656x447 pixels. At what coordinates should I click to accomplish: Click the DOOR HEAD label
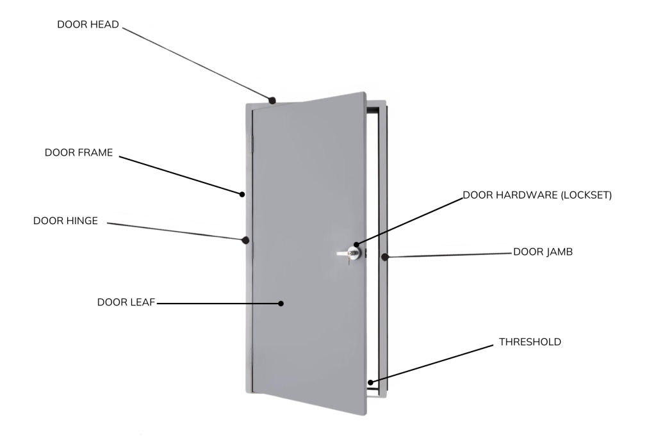click(x=88, y=25)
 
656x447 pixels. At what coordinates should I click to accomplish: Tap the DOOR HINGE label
click(x=65, y=221)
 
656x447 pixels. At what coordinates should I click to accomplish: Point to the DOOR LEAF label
click(x=126, y=302)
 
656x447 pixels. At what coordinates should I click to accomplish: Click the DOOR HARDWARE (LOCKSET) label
click(x=537, y=195)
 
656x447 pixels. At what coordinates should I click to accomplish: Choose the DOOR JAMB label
click(x=543, y=252)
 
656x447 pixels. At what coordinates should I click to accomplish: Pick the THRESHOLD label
click(x=530, y=343)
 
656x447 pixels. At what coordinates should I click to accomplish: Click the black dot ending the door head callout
click(x=272, y=101)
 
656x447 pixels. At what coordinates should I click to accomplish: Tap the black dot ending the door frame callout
click(x=242, y=193)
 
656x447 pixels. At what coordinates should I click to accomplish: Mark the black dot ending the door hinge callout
click(x=245, y=241)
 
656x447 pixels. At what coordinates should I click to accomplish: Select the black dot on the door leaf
click(x=281, y=304)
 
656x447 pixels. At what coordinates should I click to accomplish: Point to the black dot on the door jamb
click(x=385, y=257)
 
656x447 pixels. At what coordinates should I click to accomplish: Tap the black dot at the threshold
click(x=371, y=384)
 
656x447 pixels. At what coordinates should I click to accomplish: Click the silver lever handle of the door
click(x=345, y=254)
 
